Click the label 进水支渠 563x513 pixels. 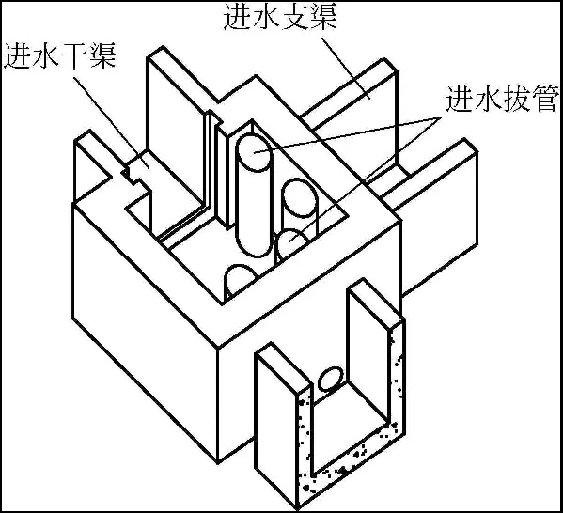(x=280, y=18)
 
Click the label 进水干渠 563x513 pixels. (x=59, y=56)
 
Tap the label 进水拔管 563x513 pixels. (x=502, y=99)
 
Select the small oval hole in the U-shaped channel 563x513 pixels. (x=331, y=379)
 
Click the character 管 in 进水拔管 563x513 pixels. (x=545, y=99)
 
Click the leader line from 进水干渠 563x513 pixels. (x=110, y=122)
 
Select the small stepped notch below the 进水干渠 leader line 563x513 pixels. (x=134, y=177)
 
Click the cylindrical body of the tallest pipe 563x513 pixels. (x=254, y=201)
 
